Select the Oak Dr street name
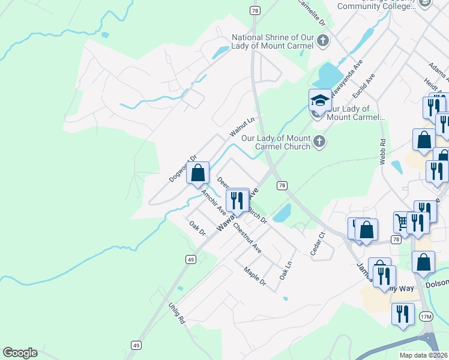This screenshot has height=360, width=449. point(197,228)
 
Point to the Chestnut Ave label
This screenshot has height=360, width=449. point(247,238)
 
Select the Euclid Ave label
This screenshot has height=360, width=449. point(364,86)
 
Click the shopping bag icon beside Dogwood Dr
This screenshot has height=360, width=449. point(197,173)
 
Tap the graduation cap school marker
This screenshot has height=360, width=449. point(320,100)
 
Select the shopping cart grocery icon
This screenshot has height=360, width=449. point(402,221)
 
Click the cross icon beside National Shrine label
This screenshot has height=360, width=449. point(323,41)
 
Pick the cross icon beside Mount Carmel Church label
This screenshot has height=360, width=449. point(319,142)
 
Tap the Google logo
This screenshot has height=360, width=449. point(20,353)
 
